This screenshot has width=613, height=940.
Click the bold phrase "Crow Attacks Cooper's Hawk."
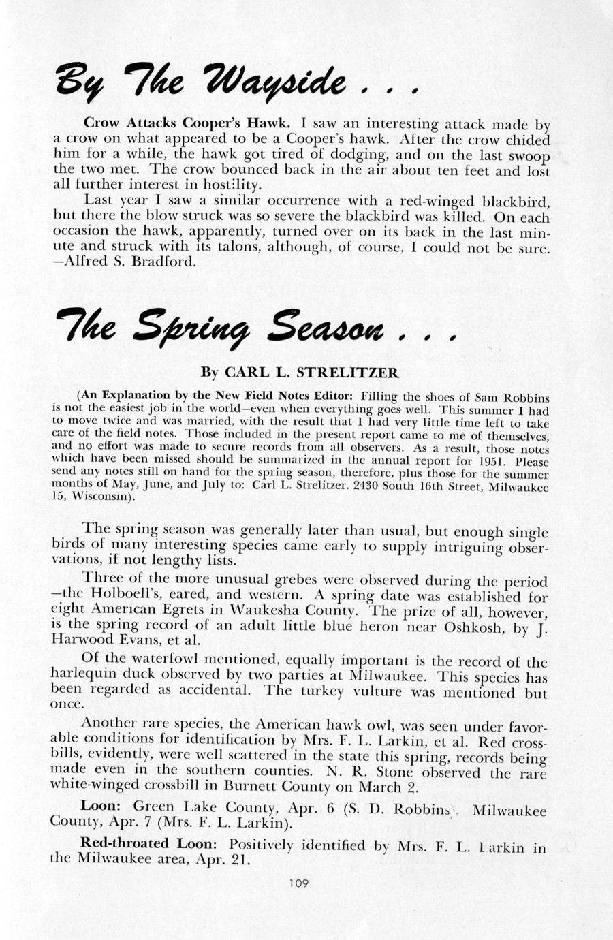click(x=187, y=123)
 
